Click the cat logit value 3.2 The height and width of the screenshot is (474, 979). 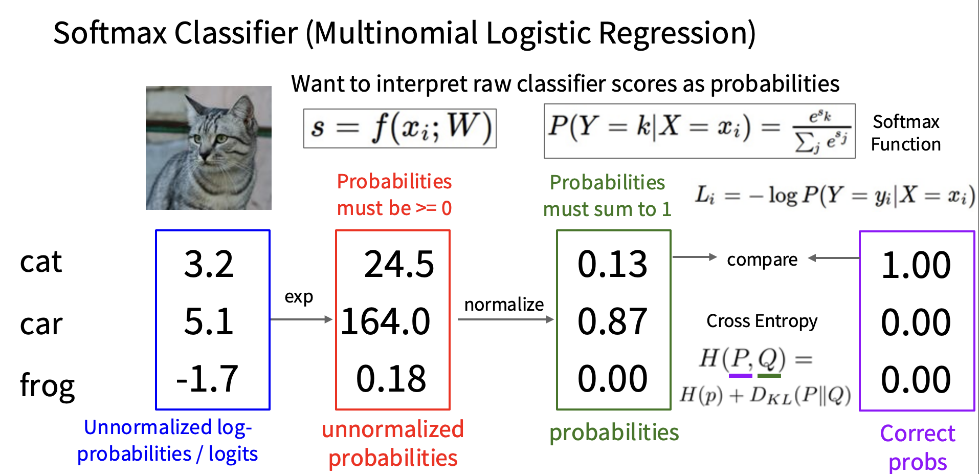point(209,264)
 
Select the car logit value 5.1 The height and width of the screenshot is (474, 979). point(209,321)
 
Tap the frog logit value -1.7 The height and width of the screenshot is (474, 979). point(207,379)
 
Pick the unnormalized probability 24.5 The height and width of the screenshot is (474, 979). point(399,264)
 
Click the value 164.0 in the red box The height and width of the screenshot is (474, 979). point(386,321)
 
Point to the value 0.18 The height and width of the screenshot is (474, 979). point(391,379)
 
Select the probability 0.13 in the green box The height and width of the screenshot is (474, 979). point(613,264)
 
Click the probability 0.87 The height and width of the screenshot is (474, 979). point(613,321)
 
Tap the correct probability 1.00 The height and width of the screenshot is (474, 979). point(916,265)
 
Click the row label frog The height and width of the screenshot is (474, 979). point(47,385)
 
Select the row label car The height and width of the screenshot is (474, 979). point(41,325)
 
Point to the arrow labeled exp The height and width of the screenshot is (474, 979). point(301,319)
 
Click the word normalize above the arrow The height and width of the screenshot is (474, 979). point(504,305)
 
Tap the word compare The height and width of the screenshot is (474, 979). point(762,260)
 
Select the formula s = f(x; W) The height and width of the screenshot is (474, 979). point(400,128)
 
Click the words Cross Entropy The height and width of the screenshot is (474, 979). point(762,321)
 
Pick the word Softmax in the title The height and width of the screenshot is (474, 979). point(110,33)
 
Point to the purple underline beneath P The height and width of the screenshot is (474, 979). point(740,376)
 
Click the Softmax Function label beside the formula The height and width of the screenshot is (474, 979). point(906,133)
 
